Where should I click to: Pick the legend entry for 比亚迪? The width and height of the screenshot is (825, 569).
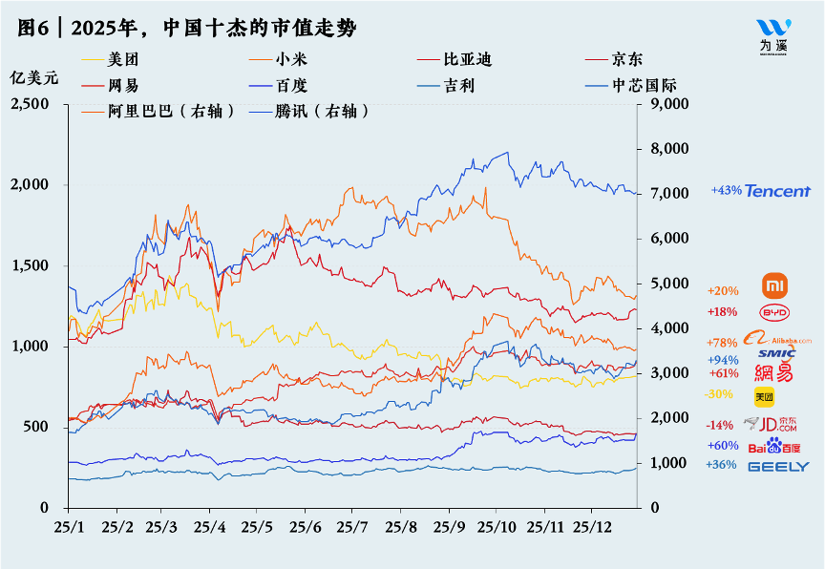(467, 59)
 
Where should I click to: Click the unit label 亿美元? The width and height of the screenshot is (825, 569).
(33, 77)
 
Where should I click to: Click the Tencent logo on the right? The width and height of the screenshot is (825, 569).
(778, 191)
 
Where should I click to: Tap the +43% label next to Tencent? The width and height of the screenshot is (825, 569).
(726, 191)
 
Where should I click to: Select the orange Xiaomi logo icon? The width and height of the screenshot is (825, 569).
(776, 285)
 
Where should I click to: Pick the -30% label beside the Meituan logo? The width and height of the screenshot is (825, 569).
(717, 393)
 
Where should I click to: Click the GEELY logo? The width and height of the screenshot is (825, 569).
(778, 466)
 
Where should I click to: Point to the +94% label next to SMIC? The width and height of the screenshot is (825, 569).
(722, 359)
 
